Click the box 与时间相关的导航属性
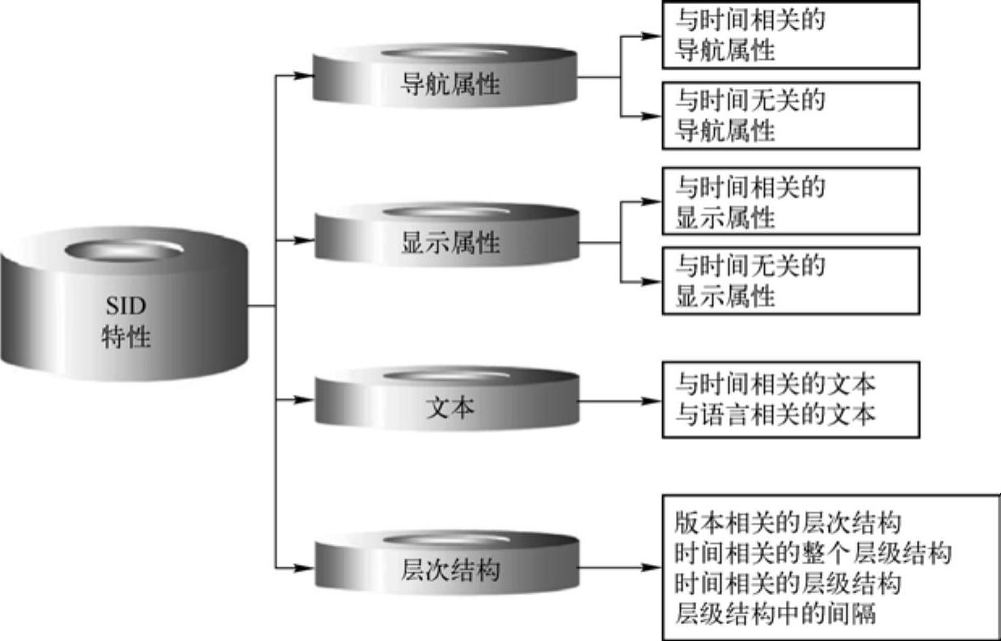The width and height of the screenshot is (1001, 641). pos(790,35)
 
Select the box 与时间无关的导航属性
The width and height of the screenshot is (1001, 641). pos(790,115)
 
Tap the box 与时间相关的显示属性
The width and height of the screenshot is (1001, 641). pos(790,201)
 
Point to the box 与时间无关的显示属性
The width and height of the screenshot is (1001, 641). pos(790,280)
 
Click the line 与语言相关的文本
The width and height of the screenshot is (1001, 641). pos(775,415)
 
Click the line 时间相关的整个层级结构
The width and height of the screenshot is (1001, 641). pos(812,554)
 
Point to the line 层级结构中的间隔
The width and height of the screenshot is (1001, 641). pos(775,614)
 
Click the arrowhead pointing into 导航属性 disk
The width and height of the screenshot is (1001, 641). pos(304,76)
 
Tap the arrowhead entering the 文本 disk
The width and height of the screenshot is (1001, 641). pos(304,400)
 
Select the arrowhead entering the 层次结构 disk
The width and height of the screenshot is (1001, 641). pos(304,567)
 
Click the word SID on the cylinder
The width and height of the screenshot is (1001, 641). pos(125,306)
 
